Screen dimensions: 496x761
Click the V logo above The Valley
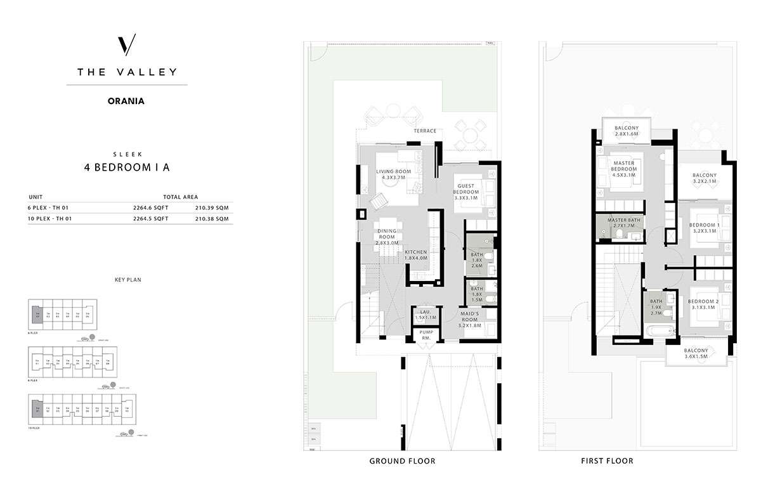tap(127, 47)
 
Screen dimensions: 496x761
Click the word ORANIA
tap(127, 100)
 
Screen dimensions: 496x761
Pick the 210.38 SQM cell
tap(213, 219)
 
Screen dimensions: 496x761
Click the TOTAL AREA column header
tap(180, 197)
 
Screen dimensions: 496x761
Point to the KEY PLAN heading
tap(126, 279)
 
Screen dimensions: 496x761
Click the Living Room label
tap(393, 174)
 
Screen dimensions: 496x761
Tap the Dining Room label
tap(387, 237)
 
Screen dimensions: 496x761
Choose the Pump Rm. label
tap(423, 336)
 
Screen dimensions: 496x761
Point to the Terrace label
tap(425, 131)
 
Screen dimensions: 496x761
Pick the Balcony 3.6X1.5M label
tap(696, 353)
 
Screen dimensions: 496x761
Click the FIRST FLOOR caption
tap(607, 461)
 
